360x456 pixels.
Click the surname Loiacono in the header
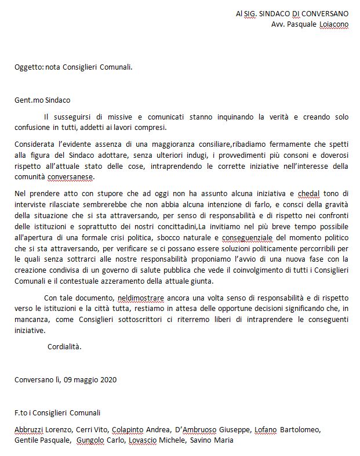click(334, 25)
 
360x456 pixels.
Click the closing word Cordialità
click(64, 347)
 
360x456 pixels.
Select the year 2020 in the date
click(108, 380)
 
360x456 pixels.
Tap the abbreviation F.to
click(21, 413)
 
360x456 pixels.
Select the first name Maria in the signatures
click(224, 440)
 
